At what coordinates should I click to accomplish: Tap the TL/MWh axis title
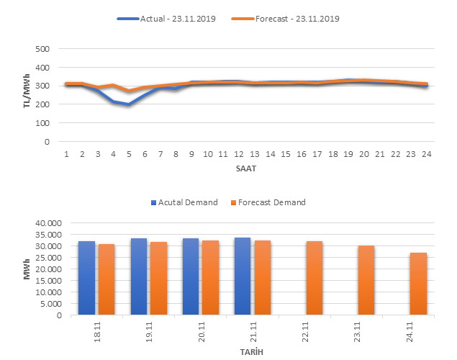coord(27,95)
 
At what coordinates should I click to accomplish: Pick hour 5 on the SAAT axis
coord(129,153)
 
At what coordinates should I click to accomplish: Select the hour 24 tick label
coord(426,153)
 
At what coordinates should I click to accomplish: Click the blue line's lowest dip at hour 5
coord(129,104)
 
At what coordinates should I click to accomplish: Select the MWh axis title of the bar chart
coord(27,269)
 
